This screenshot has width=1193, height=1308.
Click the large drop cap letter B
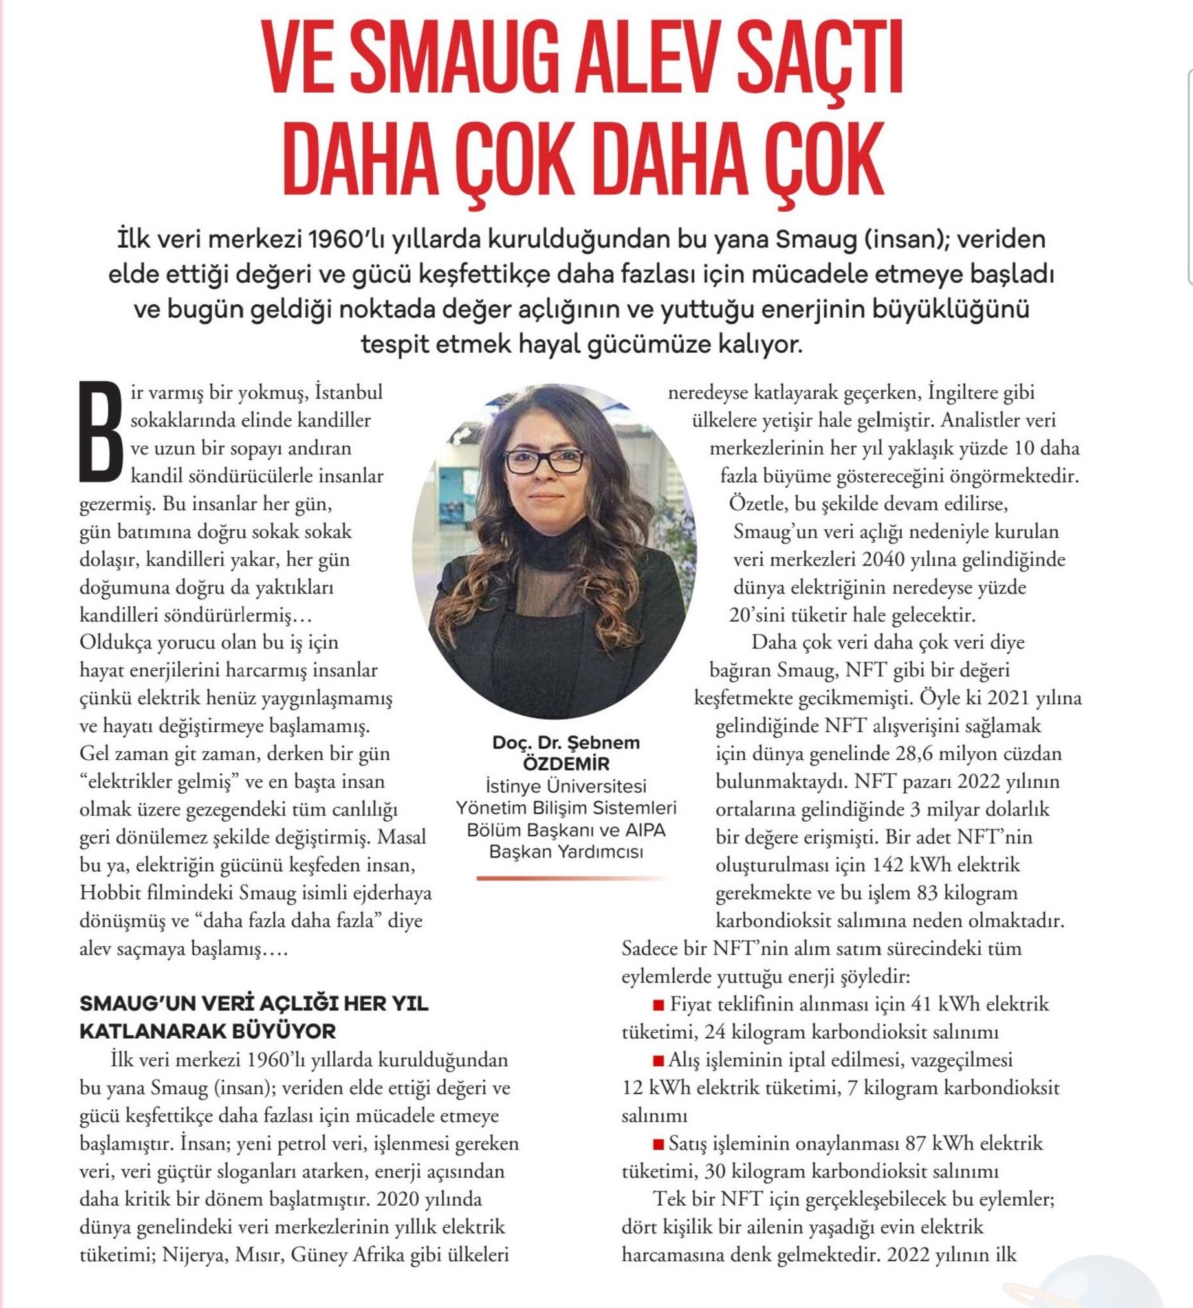(100, 432)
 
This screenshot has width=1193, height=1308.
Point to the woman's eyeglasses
(545, 461)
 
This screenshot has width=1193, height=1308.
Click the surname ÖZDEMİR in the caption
(566, 764)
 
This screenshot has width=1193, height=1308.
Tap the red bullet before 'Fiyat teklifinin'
(659, 1005)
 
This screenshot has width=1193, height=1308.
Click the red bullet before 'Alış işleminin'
(659, 1061)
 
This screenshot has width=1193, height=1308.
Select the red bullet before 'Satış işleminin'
(659, 1144)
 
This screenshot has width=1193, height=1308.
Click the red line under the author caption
(571, 878)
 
